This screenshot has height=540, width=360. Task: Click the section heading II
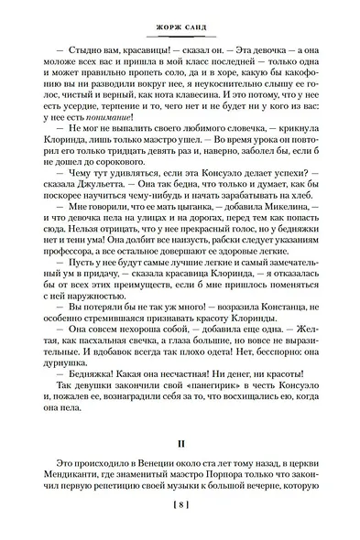[180, 443]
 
